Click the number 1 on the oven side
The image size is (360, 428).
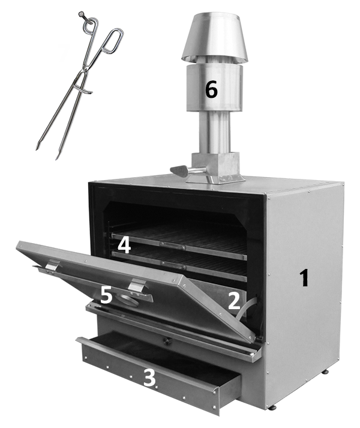coord(304,277)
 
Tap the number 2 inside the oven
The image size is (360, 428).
coord(234,301)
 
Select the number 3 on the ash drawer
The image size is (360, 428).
coord(149,378)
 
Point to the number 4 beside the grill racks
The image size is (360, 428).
coord(124,245)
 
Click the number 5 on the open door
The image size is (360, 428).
coord(106,295)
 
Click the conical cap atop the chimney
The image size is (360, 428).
coord(215,37)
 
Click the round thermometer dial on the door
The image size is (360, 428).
coord(127,300)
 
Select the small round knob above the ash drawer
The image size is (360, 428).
coord(167,340)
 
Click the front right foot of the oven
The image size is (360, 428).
coord(272,408)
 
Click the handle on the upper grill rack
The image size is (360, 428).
coord(173,245)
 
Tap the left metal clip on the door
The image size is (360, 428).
coord(53,265)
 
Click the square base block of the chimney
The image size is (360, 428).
coord(215,166)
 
